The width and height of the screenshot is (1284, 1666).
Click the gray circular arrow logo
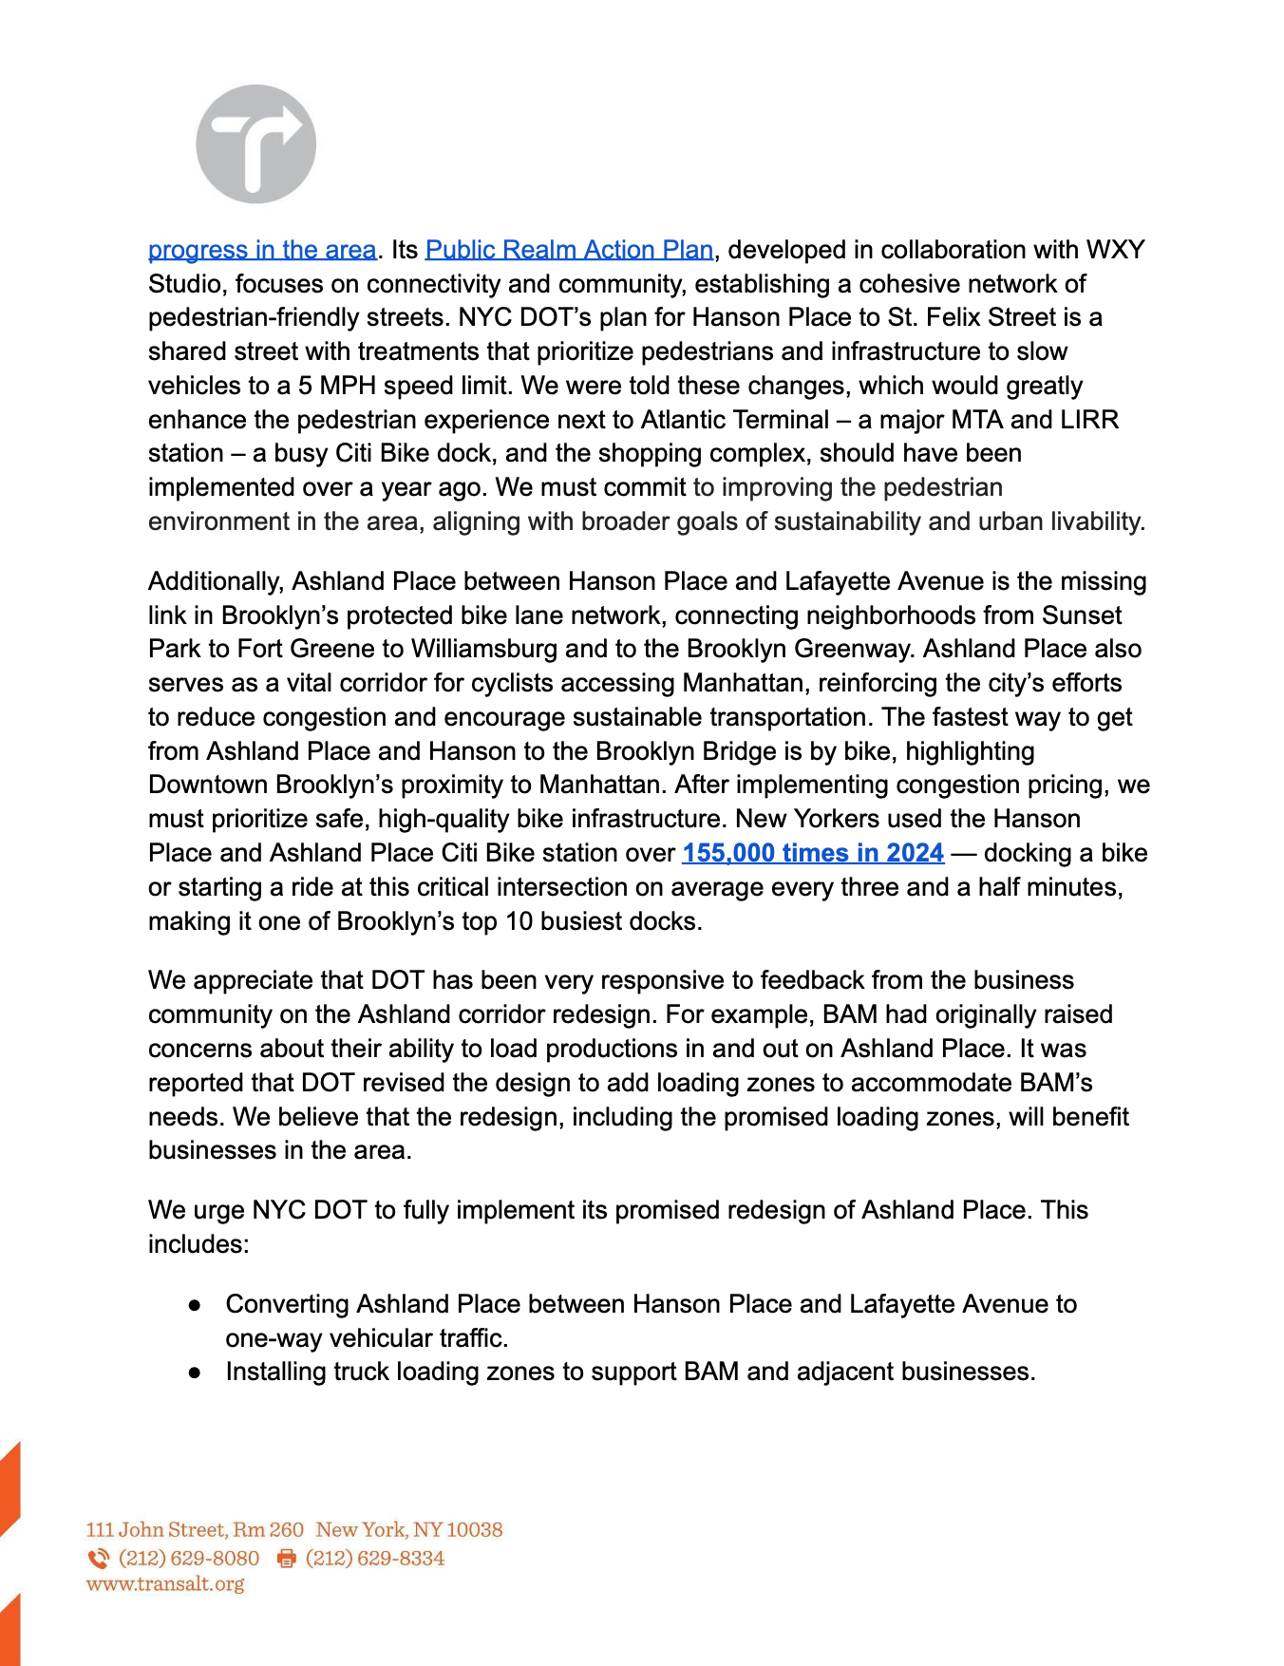pos(255,144)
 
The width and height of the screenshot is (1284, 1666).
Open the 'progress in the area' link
pos(262,250)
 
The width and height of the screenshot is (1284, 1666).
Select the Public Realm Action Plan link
pos(569,250)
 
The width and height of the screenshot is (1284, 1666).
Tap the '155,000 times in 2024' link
pos(813,853)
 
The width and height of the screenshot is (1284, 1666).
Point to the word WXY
pos(1115,250)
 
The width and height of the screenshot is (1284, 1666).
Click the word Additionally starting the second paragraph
pos(216,581)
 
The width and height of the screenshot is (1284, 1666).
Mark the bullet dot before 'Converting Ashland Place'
pos(195,1305)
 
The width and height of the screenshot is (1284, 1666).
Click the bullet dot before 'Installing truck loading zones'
pos(195,1373)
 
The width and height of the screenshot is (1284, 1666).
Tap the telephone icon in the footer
pos(98,1559)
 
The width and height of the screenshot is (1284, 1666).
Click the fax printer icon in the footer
pos(286,1559)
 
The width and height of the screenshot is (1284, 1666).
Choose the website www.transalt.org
pos(165,1584)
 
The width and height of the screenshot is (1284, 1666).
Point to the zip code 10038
pos(474,1530)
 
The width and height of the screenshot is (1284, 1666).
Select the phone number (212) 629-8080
pos(189,1559)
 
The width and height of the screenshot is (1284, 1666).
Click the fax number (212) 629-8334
pos(375,1559)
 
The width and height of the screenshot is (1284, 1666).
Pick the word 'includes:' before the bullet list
pos(198,1244)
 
